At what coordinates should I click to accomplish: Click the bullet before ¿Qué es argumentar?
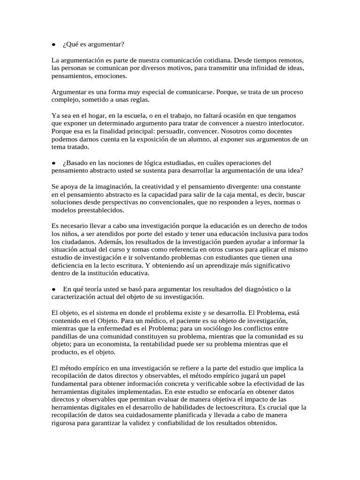coord(54,45)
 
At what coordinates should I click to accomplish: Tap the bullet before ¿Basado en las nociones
coord(54,163)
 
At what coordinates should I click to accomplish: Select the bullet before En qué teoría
coord(54,289)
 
